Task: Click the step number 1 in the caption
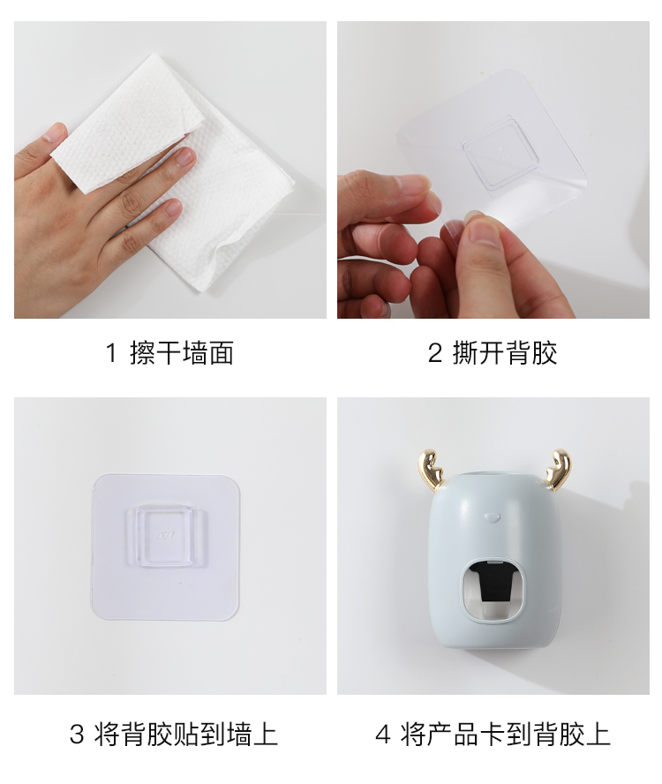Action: point(111,353)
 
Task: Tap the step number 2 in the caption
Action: point(434,353)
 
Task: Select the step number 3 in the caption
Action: point(77,735)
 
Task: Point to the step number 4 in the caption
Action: point(382,735)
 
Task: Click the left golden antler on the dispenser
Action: point(431,469)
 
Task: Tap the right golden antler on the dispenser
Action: point(558,469)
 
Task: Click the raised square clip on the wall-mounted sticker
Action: point(166,536)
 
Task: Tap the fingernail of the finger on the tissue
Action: point(185,157)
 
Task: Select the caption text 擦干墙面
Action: point(182,353)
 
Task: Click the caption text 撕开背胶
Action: point(505,353)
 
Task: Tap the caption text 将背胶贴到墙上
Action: point(186,735)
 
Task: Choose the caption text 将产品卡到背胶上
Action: point(505,735)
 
